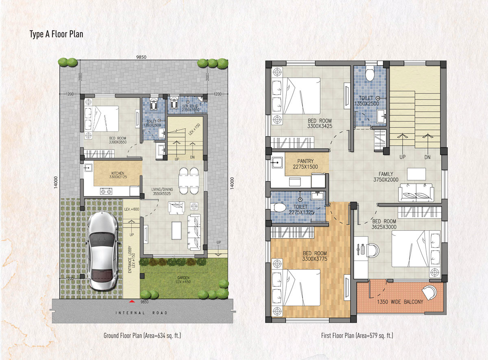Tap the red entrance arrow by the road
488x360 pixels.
pyautogui.click(x=132, y=301)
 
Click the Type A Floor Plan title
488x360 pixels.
pyautogui.click(x=57, y=34)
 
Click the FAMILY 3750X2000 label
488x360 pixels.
pyautogui.click(x=386, y=177)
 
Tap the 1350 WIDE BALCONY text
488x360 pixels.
pyautogui.click(x=400, y=302)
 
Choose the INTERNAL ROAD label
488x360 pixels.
pyautogui.click(x=142, y=313)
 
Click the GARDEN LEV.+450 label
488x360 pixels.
pyautogui.click(x=183, y=280)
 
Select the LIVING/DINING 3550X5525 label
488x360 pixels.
pyautogui.click(x=162, y=191)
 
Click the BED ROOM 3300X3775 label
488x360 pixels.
pyautogui.click(x=315, y=256)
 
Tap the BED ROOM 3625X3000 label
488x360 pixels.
pyautogui.click(x=384, y=224)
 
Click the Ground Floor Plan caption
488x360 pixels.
pyautogui.click(x=142, y=336)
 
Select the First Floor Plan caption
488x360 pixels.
pyautogui.click(x=357, y=336)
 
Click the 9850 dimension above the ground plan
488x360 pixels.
pyautogui.click(x=141, y=57)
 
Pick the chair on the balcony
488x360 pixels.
pyautogui.click(x=429, y=293)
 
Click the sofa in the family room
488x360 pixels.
pyautogui.click(x=416, y=193)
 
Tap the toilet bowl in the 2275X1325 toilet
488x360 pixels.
pyautogui.click(x=278, y=207)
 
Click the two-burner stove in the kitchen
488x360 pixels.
pyautogui.click(x=106, y=191)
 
